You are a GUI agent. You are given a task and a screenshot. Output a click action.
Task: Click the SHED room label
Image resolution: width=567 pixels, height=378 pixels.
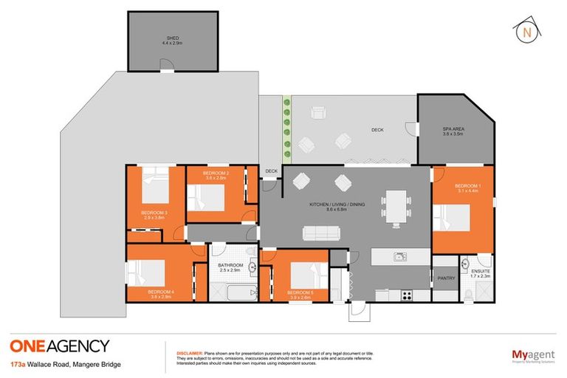coord(172,40)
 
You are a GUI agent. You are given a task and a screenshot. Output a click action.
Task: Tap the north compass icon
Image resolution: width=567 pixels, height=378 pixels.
coord(526,32)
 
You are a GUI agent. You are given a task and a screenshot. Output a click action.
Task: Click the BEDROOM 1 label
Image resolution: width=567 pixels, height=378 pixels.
coord(467,188)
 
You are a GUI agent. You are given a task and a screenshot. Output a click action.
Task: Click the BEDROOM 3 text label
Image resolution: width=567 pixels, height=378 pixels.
coord(156,216)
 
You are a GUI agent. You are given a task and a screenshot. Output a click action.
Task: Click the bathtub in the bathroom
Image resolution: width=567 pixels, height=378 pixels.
coord(234,294)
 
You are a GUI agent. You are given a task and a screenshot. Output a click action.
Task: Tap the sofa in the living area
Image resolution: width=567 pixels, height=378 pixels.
coord(321,233)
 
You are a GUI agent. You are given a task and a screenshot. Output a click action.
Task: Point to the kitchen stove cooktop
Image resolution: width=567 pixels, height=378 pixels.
coord(405,295)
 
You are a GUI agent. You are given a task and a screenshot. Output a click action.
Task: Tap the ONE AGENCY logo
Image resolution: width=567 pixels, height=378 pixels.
coord(59,346)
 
